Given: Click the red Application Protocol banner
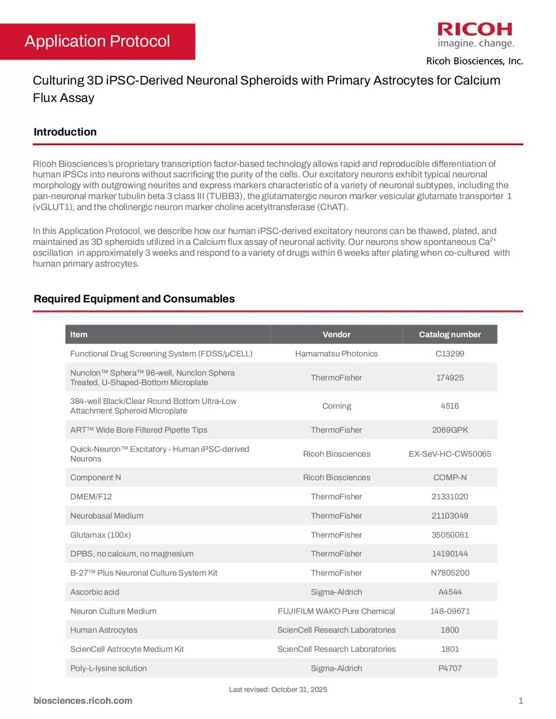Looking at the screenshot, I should click(x=97, y=41).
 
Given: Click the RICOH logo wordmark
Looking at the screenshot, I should click(x=474, y=29).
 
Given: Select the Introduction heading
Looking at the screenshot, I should click(x=65, y=132).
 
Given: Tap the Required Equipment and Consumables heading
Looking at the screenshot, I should click(x=134, y=299).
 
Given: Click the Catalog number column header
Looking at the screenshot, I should click(x=450, y=334).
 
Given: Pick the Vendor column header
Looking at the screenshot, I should click(x=336, y=334).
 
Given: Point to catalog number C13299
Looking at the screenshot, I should click(x=450, y=353).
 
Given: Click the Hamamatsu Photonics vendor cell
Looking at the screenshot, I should click(x=336, y=353).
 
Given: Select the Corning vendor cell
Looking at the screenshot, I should click(x=336, y=406).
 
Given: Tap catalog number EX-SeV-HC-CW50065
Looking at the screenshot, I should click(x=450, y=454).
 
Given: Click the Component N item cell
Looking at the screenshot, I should click(x=96, y=477).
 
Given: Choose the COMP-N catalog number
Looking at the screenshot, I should click(x=450, y=477).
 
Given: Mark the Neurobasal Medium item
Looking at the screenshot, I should click(x=107, y=515).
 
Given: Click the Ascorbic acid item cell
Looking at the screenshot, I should click(x=95, y=592).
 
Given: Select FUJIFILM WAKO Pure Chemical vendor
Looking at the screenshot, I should click(x=336, y=611).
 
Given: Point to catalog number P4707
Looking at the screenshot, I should click(x=450, y=668).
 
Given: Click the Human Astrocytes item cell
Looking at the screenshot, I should click(x=104, y=630).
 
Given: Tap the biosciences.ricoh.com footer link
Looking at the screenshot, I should click(x=83, y=700).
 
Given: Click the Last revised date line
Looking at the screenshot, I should click(x=278, y=689).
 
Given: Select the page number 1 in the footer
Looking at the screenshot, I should click(x=520, y=700).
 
